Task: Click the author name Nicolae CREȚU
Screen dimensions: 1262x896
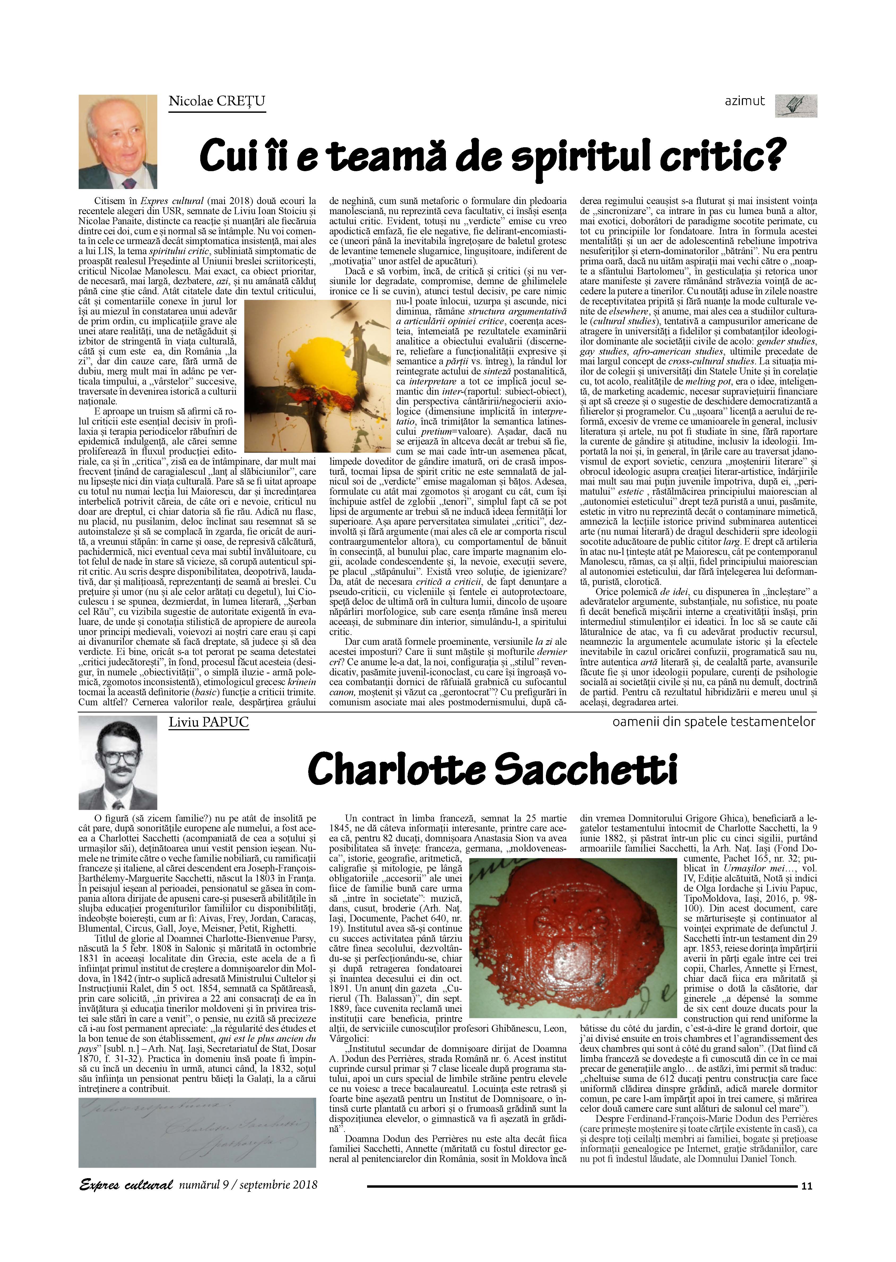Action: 217,101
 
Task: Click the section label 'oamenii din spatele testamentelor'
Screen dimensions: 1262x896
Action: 714,722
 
